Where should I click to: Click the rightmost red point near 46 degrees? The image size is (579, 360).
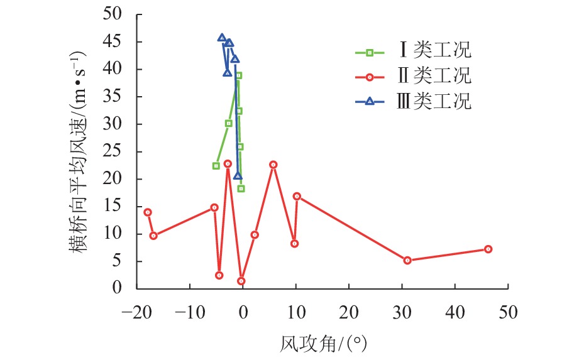click(x=488, y=249)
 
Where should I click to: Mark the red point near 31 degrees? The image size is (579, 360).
click(x=407, y=260)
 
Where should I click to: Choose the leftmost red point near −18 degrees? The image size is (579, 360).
click(x=148, y=212)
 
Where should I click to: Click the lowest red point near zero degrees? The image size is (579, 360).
click(x=241, y=281)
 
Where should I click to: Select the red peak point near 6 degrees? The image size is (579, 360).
click(x=273, y=165)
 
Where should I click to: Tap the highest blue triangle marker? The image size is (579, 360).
click(x=222, y=38)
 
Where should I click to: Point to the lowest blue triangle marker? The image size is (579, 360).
click(x=238, y=177)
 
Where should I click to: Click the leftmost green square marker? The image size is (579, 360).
click(x=216, y=166)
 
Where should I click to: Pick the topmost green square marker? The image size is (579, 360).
click(x=238, y=75)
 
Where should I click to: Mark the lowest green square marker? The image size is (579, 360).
click(x=241, y=188)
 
